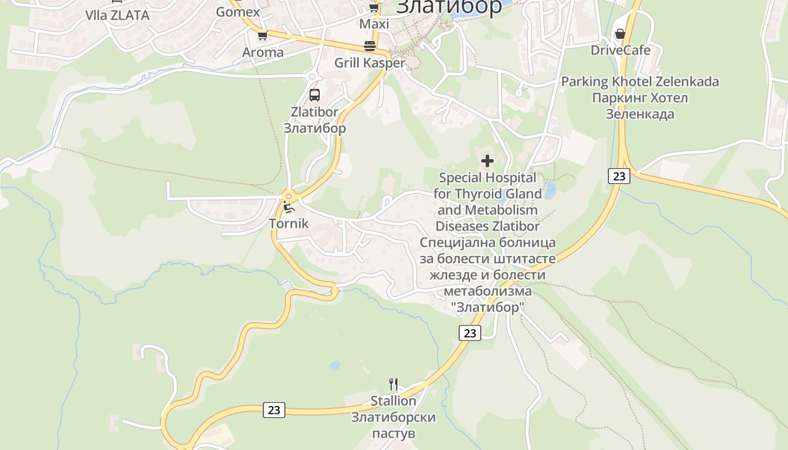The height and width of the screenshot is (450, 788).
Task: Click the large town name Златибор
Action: pyautogui.click(x=449, y=7)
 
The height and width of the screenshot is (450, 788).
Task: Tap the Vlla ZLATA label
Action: pyautogui.click(x=117, y=15)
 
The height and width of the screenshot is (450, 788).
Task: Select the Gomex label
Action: pyautogui.click(x=238, y=12)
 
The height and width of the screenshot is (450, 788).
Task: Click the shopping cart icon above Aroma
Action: pyautogui.click(x=262, y=36)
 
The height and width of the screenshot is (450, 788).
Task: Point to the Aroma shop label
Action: pyautogui.click(x=263, y=52)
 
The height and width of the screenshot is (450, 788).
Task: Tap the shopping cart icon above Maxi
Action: pyautogui.click(x=374, y=7)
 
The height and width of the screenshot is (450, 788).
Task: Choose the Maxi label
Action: pyautogui.click(x=374, y=24)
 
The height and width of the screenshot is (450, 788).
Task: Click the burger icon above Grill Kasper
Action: pyautogui.click(x=370, y=46)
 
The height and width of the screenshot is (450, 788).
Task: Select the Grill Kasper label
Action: pyautogui.click(x=370, y=63)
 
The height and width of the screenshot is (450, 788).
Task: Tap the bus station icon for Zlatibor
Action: pyautogui.click(x=315, y=95)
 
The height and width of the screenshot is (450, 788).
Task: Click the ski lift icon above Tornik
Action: pyautogui.click(x=289, y=206)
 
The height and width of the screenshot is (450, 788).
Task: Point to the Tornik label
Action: pyautogui.click(x=289, y=223)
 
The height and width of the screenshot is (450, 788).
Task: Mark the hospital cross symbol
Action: pyautogui.click(x=487, y=161)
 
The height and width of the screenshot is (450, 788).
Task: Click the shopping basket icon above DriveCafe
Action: pyautogui.click(x=620, y=34)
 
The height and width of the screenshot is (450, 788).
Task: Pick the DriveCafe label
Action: pyautogui.click(x=620, y=50)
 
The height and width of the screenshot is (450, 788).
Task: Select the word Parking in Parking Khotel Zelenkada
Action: pyautogui.click(x=585, y=82)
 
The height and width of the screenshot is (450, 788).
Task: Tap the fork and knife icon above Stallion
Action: pyautogui.click(x=393, y=384)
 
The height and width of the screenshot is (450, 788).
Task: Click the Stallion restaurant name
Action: pyautogui.click(x=393, y=401)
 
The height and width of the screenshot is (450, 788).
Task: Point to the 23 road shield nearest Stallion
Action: pyautogui.click(x=274, y=409)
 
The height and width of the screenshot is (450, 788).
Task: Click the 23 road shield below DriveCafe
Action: pyautogui.click(x=619, y=176)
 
